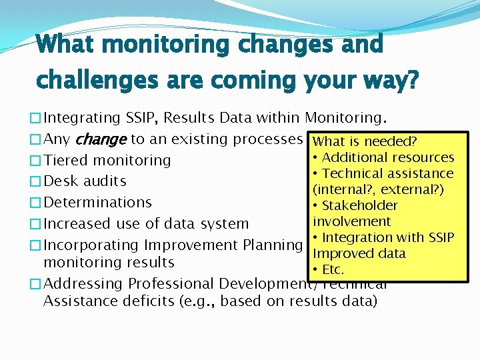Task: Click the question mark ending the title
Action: [412, 80]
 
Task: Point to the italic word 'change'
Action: [101, 139]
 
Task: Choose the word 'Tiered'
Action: [66, 161]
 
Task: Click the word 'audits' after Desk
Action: [106, 181]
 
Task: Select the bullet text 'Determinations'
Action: [97, 202]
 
